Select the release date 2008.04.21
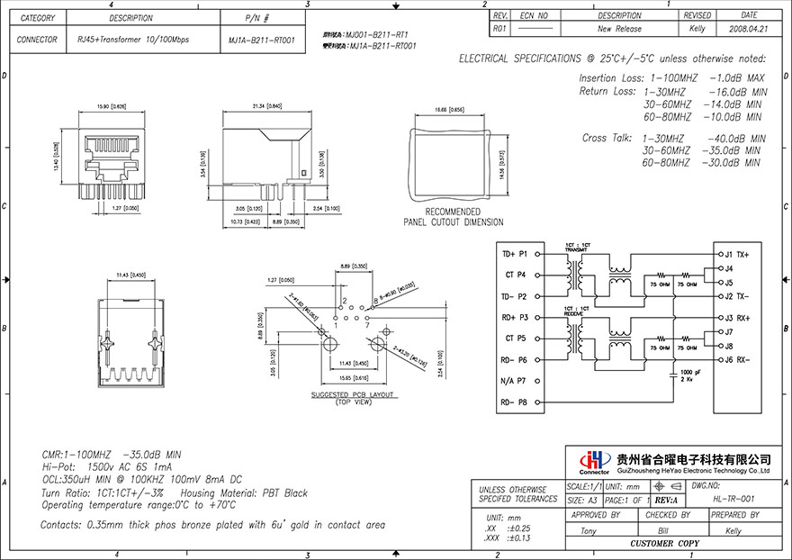[x=748, y=29]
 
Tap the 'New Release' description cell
[x=619, y=29]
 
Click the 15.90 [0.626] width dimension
[x=109, y=107]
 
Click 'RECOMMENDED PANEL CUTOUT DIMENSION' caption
[x=453, y=217]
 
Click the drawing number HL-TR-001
[x=733, y=499]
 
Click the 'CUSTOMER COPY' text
[x=664, y=545]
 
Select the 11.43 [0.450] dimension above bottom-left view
[x=131, y=275]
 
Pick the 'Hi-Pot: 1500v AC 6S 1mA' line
[x=107, y=468]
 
